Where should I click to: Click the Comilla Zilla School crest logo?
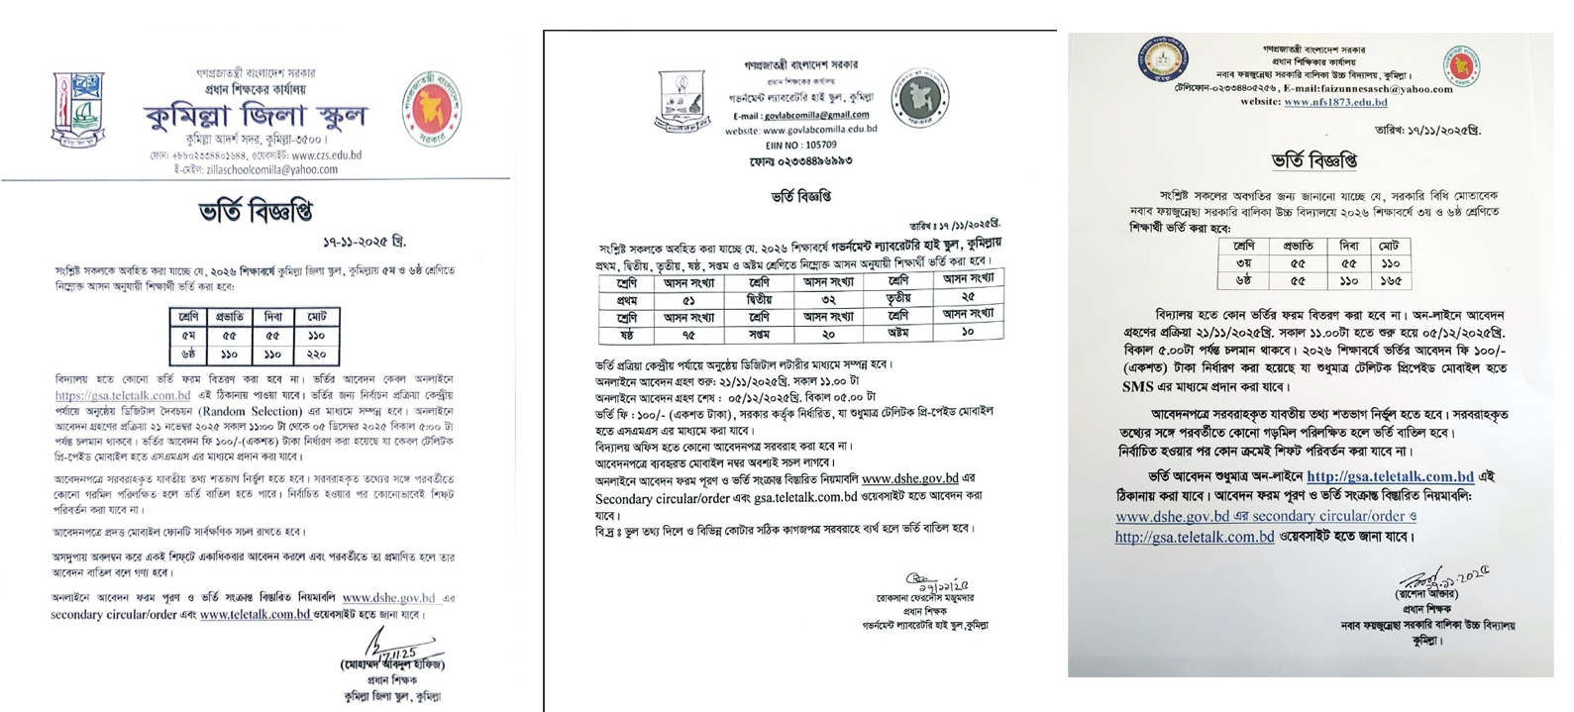77,111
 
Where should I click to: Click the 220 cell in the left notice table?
317,354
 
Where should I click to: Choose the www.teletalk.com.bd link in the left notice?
255,614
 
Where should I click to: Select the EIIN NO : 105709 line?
800,144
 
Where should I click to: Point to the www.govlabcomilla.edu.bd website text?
800,130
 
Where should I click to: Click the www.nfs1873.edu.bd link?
1334,102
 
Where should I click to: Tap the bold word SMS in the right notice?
1137,387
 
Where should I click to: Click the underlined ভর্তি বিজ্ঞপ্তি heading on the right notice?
1313,160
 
